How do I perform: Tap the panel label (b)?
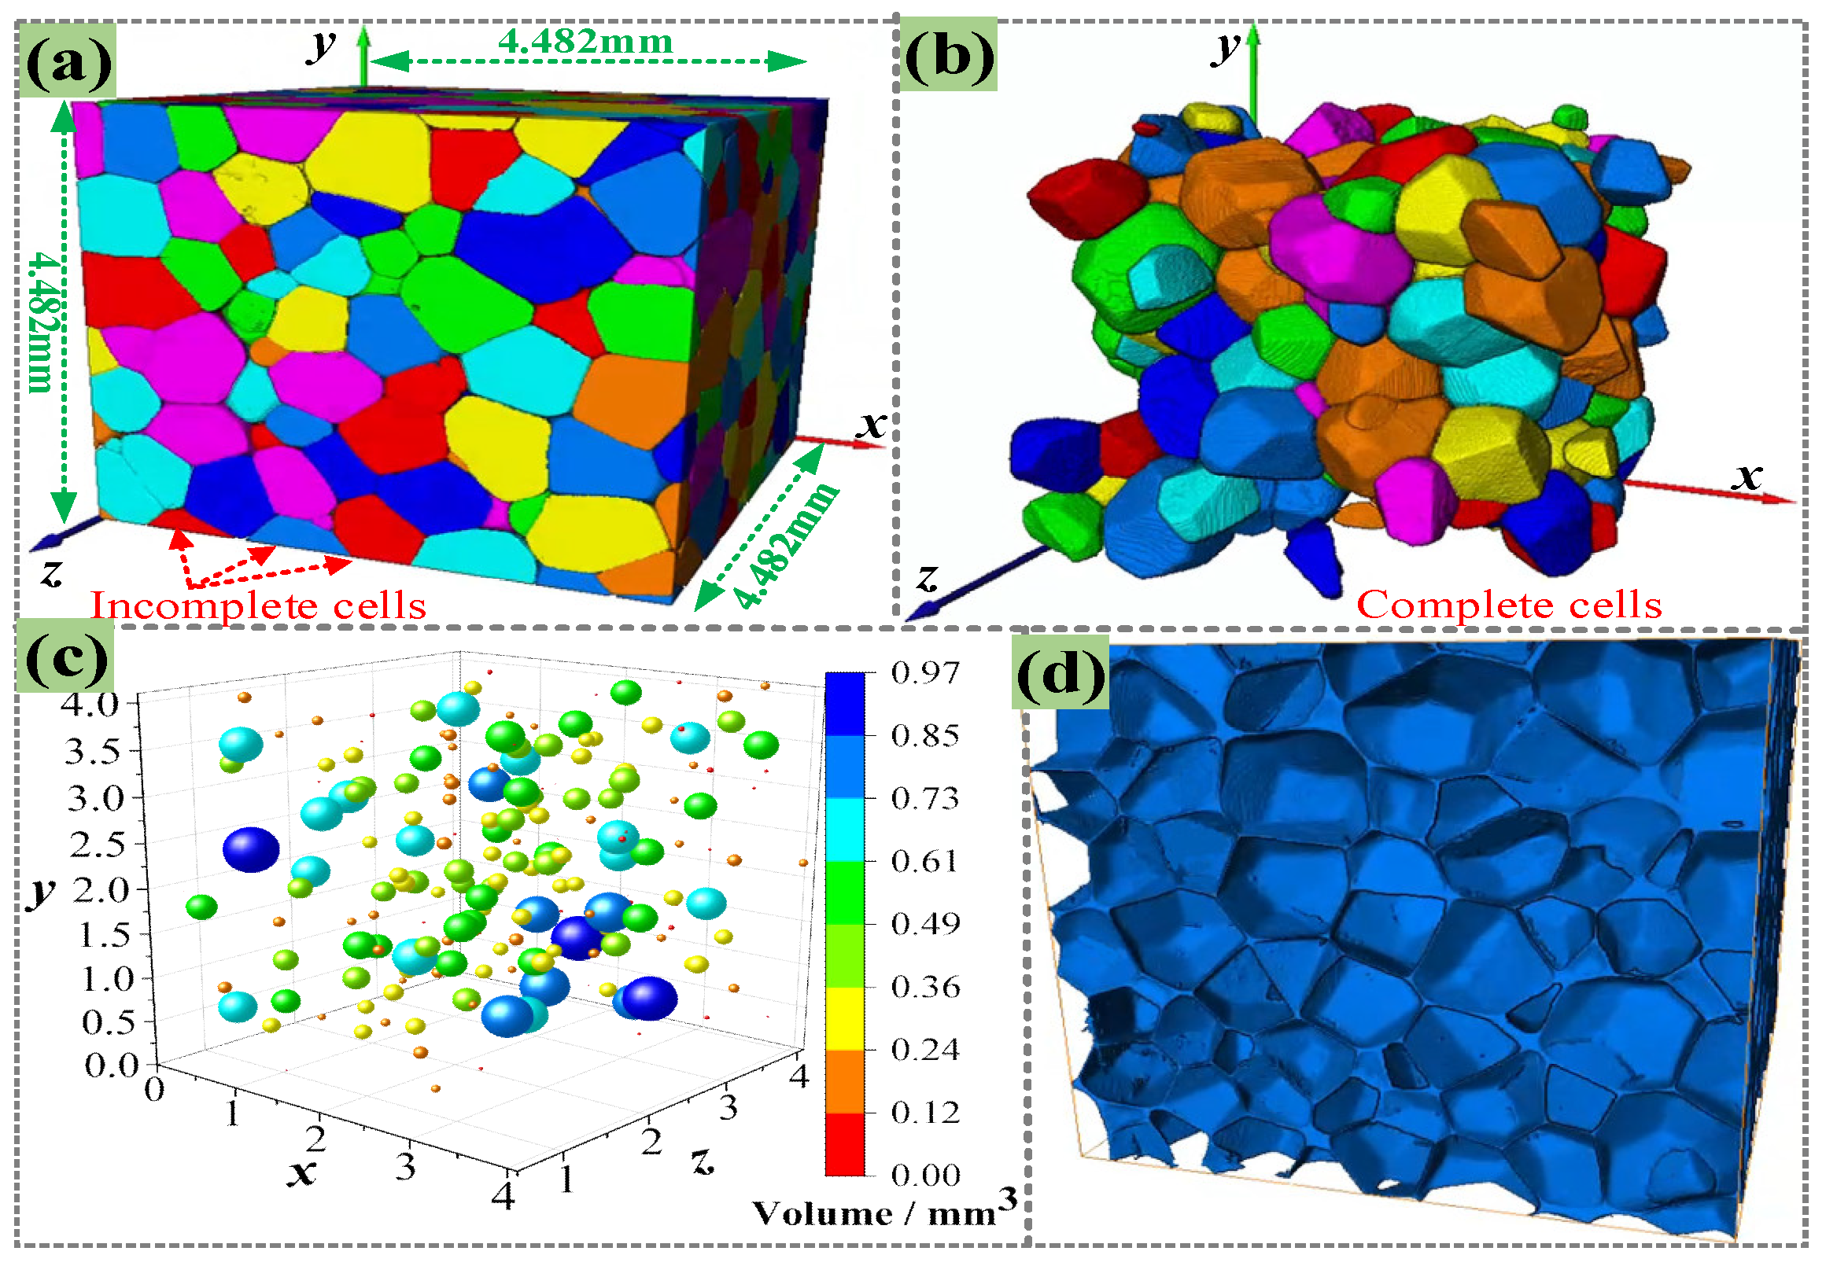pos(949,56)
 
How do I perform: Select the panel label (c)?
pos(67,657)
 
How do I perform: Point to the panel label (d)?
pos(1061,672)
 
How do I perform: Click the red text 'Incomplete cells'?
pos(259,605)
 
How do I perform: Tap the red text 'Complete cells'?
pos(1509,605)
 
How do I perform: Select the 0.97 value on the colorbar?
pos(925,672)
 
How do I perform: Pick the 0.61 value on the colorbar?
pos(925,861)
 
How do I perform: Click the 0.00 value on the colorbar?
pos(925,1175)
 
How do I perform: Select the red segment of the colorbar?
pos(844,1143)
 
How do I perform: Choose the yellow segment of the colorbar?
pos(844,1018)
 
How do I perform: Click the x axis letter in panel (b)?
pos(1747,477)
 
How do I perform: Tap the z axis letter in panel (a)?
pos(53,571)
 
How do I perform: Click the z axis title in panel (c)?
pos(703,1161)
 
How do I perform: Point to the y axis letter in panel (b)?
pos(1227,48)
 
